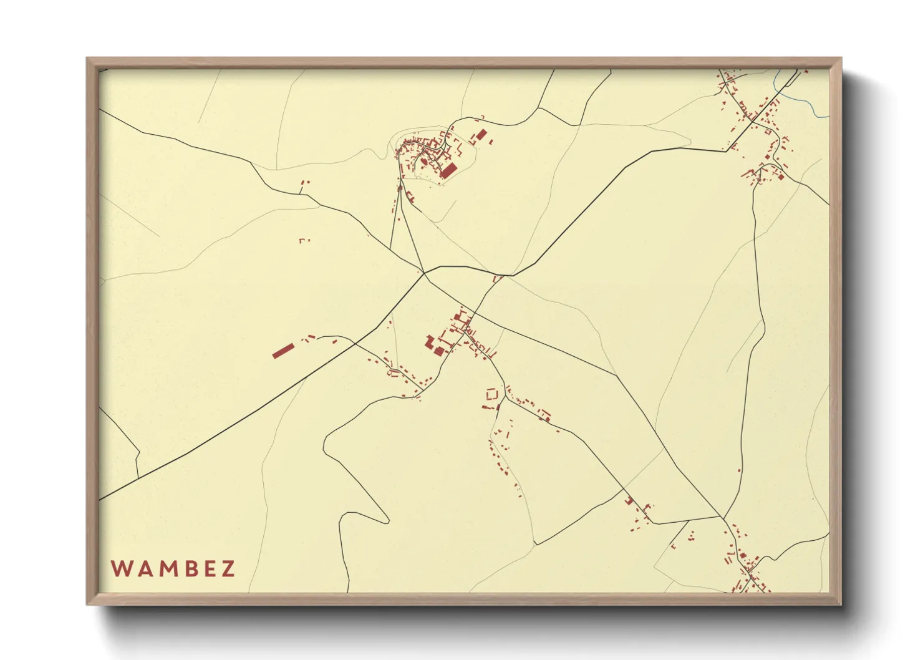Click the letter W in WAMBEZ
tap(120, 569)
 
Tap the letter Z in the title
tap(228, 569)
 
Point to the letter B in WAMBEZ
tap(186, 569)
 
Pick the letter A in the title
tap(142, 569)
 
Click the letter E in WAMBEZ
tap(207, 569)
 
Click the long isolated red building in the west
tap(283, 351)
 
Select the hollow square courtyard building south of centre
tap(492, 394)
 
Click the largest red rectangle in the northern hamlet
tap(448, 170)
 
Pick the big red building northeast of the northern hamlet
tap(480, 135)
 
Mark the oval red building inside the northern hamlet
tap(425, 161)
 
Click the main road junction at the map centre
tap(424, 273)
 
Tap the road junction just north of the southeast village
tap(723, 517)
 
